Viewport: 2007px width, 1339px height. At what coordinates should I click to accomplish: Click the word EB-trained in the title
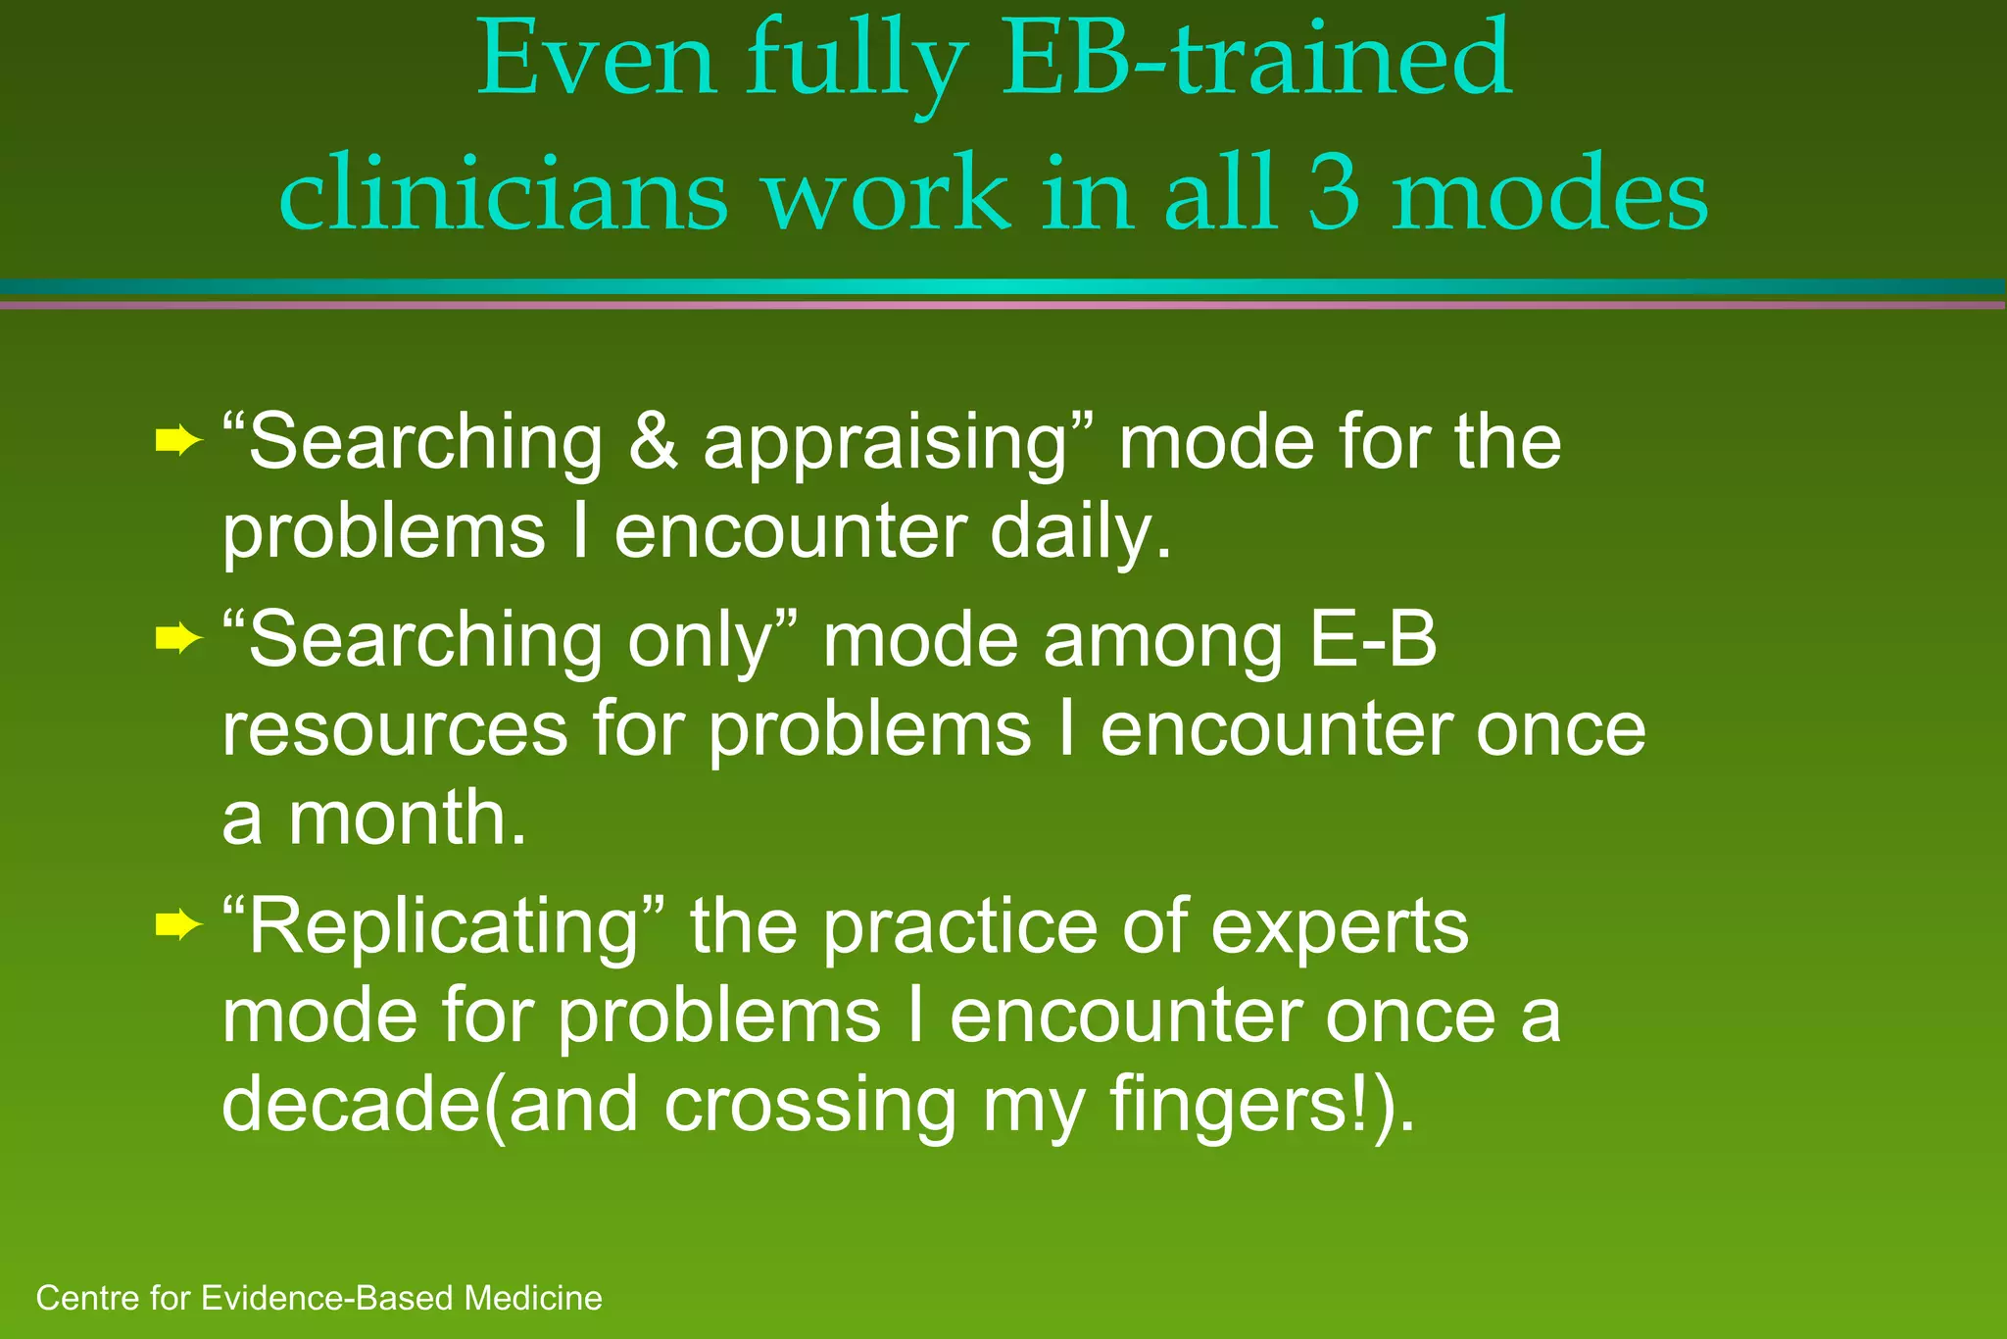pyautogui.click(x=1256, y=61)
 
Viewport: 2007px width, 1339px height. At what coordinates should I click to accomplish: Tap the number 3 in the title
pyautogui.click(x=1334, y=193)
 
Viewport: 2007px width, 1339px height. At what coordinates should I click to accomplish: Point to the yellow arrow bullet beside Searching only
pyautogui.click(x=177, y=640)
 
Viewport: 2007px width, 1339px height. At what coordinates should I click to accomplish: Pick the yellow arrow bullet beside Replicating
pyautogui.click(x=177, y=924)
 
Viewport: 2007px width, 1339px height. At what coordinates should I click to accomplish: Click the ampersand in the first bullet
pyautogui.click(x=653, y=441)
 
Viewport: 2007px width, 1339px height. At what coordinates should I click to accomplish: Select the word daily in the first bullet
pyautogui.click(x=1078, y=534)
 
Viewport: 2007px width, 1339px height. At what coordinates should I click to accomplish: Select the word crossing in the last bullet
pyautogui.click(x=809, y=1106)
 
